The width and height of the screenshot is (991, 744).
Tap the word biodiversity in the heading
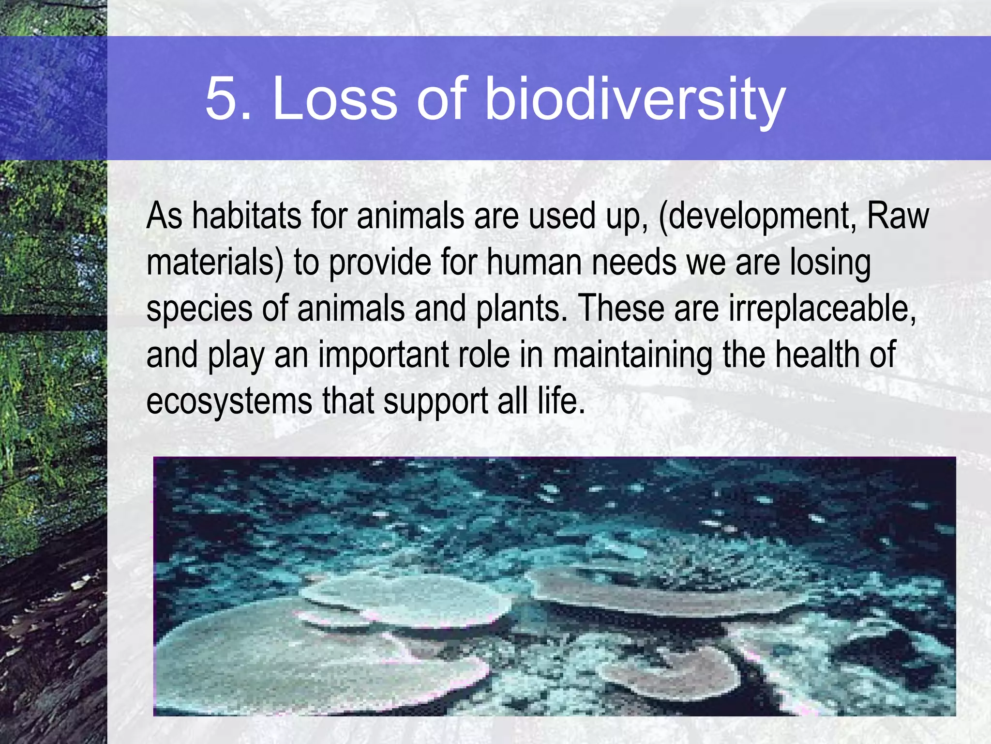pyautogui.click(x=634, y=99)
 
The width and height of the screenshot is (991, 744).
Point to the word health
pyautogui.click(x=817, y=355)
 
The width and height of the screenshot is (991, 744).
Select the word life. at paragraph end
pyautogui.click(x=561, y=401)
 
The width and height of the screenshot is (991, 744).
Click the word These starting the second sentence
pyautogui.click(x=621, y=308)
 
